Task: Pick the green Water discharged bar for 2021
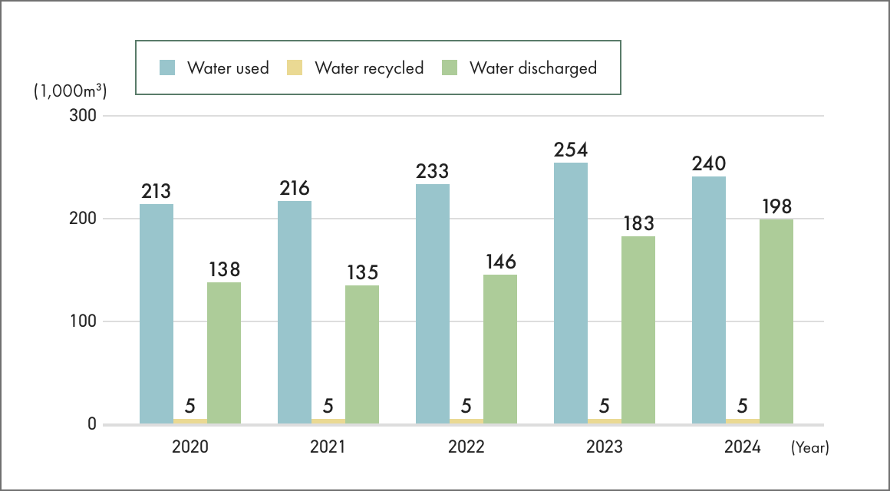point(362,354)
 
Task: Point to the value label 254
point(571,150)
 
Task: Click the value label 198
point(776,206)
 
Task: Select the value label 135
point(362,272)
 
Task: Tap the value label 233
point(433,171)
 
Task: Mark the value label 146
point(500,262)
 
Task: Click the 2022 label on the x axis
point(466,447)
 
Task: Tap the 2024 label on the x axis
point(742,447)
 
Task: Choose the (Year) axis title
point(809,447)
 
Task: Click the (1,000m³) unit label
point(70,91)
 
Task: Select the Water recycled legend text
point(369,68)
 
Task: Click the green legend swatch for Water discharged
point(450,68)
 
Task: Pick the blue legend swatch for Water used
point(168,68)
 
